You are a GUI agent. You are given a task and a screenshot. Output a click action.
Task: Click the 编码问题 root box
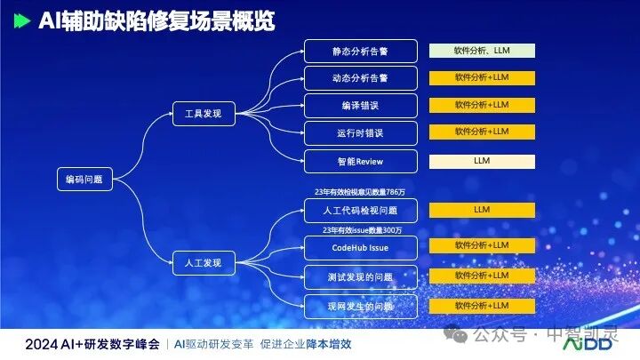(85, 179)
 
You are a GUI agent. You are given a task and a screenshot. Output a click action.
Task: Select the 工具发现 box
(203, 114)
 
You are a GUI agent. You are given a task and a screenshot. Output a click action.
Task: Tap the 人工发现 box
(203, 262)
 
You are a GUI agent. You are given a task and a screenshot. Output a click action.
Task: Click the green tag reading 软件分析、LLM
(482, 51)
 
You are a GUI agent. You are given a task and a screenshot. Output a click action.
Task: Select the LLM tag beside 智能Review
(482, 161)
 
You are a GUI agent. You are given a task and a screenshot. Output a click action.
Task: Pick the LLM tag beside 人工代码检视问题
(482, 210)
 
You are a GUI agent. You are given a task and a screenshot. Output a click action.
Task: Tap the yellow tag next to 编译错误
(482, 105)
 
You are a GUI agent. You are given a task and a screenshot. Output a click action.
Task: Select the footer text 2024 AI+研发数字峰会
(92, 343)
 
